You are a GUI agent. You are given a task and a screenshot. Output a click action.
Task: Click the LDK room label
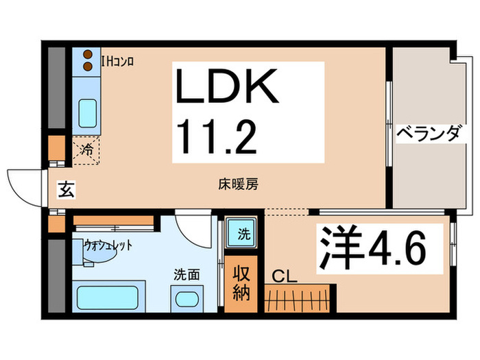pos(227,86)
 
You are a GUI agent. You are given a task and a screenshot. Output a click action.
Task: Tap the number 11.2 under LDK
pos(217,136)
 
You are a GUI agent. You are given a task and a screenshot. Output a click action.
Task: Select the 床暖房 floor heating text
pos(238,184)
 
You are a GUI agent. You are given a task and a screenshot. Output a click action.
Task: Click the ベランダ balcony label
pos(429,134)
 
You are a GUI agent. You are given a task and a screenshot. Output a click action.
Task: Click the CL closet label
pos(285,277)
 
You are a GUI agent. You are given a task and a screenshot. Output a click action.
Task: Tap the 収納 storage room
pos(241,284)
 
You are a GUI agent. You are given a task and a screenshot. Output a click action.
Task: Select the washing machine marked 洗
pos(241,233)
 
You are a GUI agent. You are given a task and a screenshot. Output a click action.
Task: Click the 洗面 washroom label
pos(187,274)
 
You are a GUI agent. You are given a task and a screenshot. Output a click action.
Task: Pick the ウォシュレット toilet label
pos(108,245)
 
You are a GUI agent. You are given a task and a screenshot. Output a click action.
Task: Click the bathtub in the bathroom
pos(108,298)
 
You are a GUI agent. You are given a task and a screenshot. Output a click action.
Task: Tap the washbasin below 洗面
pos(187,299)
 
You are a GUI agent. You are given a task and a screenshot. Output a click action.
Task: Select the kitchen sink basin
pos(88,113)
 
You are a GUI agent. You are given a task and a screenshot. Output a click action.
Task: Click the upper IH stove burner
pos(88,54)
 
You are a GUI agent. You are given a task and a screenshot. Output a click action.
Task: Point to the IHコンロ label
pos(117,62)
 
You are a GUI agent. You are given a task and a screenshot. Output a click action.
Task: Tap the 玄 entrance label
pos(67,190)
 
